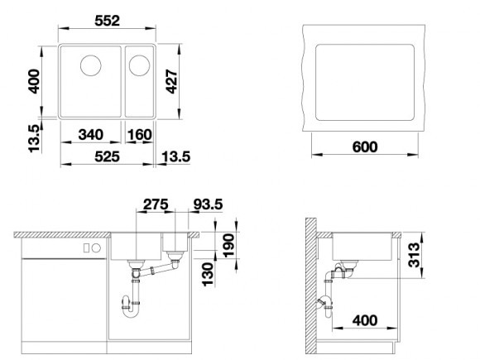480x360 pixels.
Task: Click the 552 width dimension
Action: point(107,13)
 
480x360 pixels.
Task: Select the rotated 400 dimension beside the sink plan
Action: point(34,80)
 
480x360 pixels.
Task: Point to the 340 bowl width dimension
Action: point(91,135)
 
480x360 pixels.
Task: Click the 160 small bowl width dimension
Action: point(141,135)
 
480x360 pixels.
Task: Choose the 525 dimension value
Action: point(106,156)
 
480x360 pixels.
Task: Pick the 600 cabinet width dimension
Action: point(364,146)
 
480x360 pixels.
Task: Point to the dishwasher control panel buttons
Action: point(90,247)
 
